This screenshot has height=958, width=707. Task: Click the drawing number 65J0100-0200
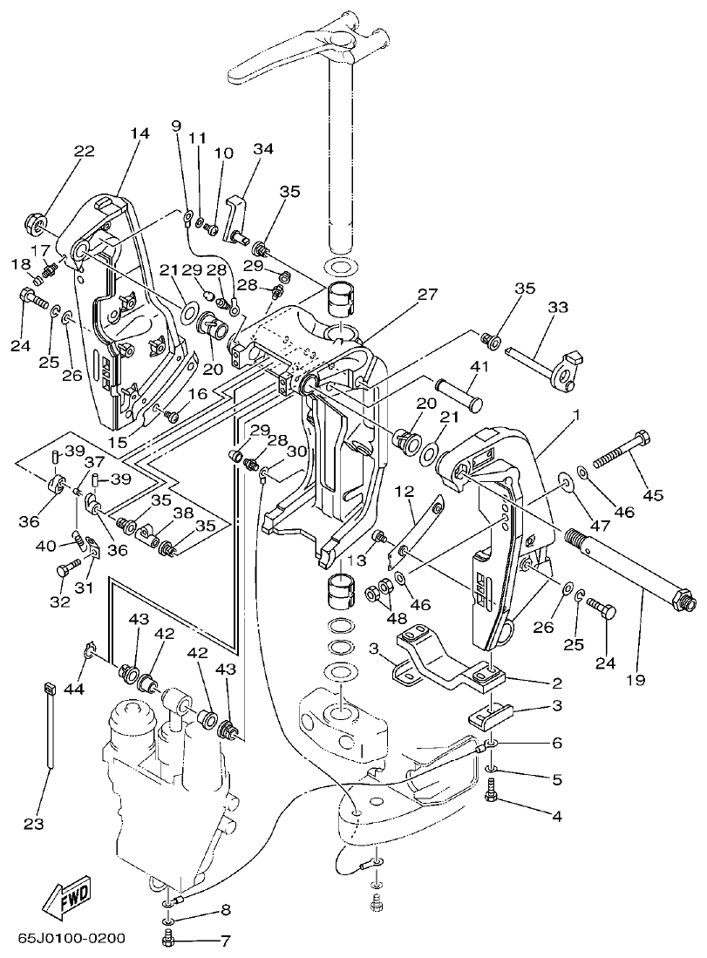[x=72, y=939]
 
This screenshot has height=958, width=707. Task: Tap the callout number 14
[x=139, y=133]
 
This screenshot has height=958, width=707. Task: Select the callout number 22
[x=84, y=151]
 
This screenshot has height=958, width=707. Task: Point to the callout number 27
[x=426, y=295]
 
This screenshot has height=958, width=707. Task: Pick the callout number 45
[x=652, y=496]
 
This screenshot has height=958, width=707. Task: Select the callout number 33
[x=558, y=307]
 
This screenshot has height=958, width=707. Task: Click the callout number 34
[x=263, y=149]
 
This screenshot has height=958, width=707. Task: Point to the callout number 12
[x=404, y=493]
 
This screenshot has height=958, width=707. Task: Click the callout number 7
[x=224, y=941]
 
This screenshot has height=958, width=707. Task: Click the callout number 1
[x=575, y=419]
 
